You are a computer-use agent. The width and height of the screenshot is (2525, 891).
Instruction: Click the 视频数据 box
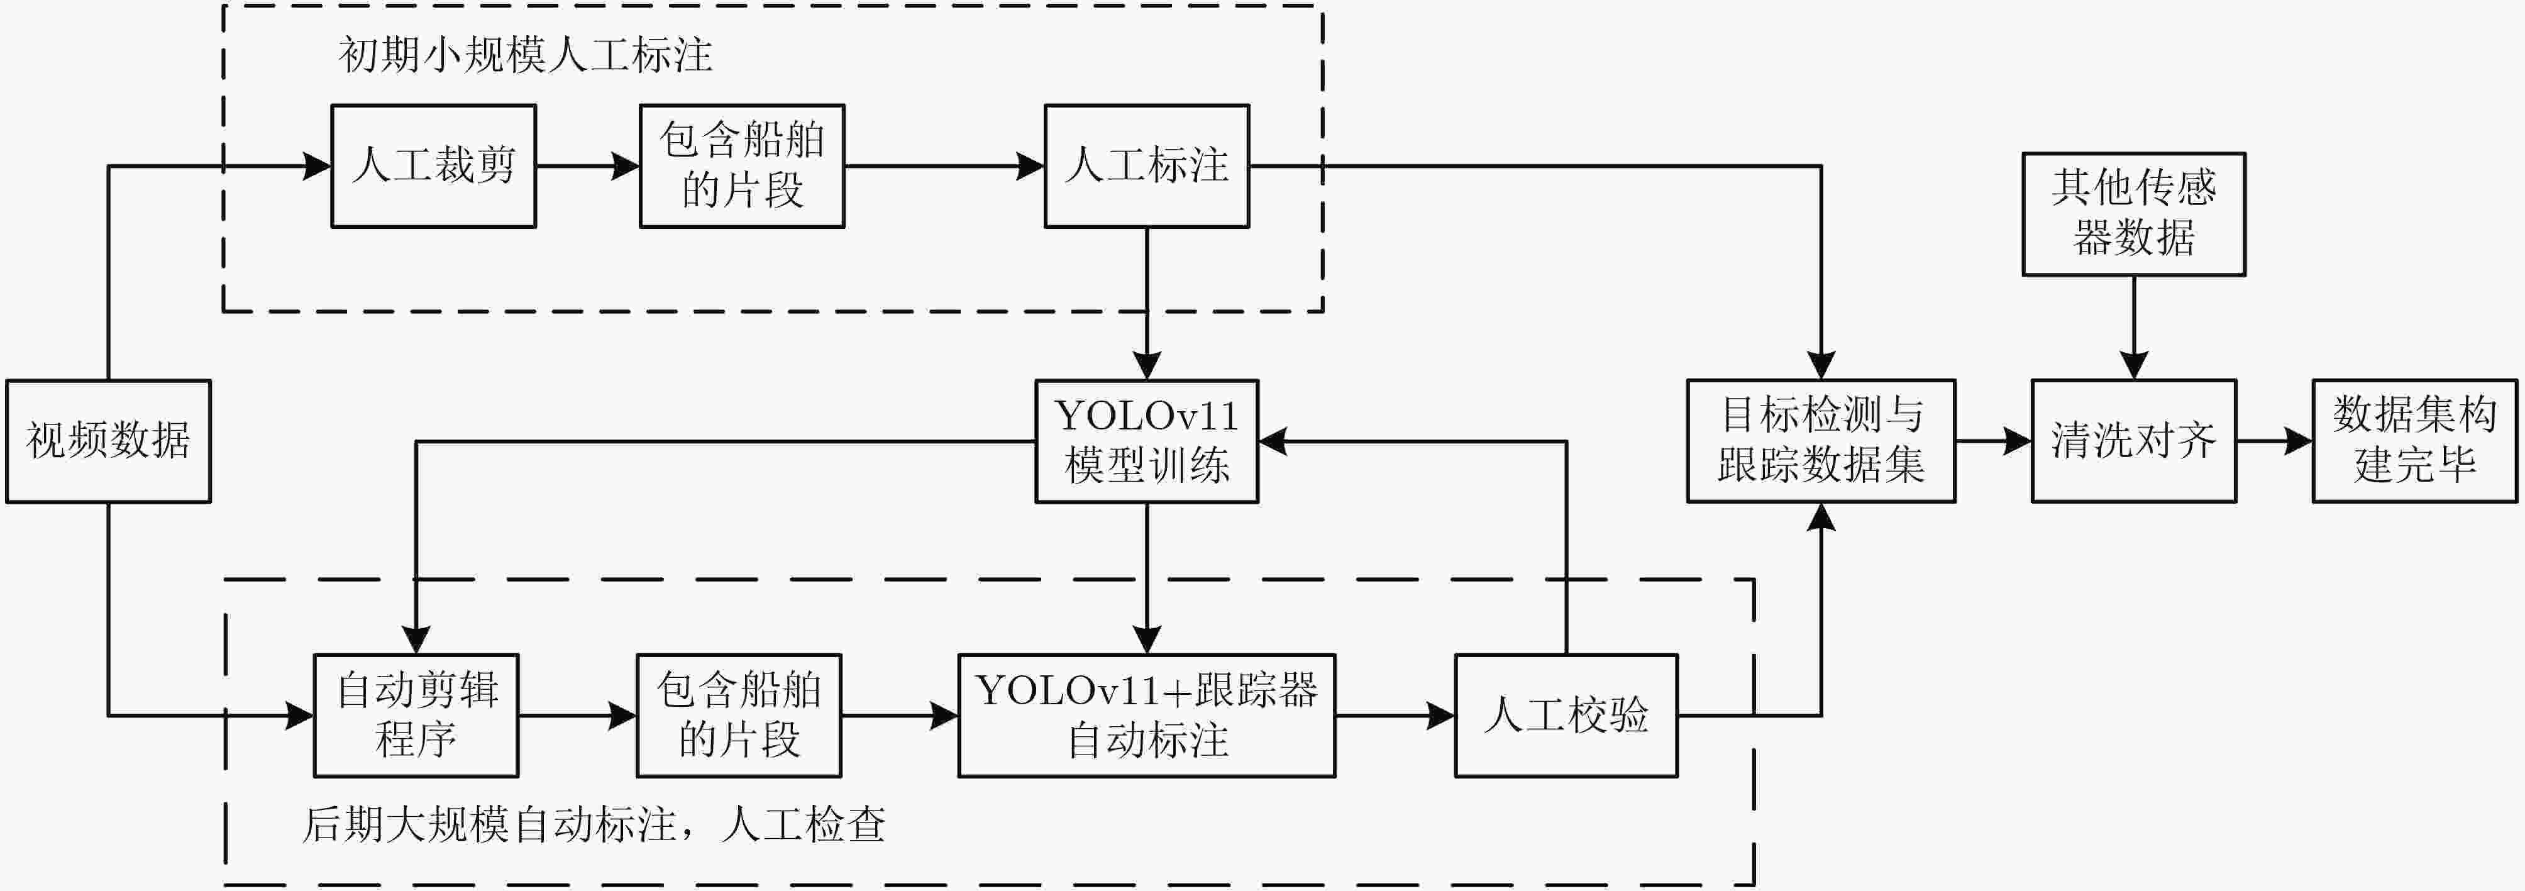click(108, 441)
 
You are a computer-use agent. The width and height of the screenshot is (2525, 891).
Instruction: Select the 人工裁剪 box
click(433, 165)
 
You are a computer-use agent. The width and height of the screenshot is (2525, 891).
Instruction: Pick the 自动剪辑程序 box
click(416, 716)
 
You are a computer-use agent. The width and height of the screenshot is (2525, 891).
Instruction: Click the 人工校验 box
click(1566, 716)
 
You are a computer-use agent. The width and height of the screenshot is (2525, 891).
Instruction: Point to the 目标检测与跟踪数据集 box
click(1820, 441)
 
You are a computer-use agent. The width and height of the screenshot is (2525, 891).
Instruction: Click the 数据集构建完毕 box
click(2414, 441)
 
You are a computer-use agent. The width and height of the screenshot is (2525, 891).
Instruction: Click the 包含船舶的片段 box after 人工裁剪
click(742, 165)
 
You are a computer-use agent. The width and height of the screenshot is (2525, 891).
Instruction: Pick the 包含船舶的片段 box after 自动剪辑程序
click(739, 716)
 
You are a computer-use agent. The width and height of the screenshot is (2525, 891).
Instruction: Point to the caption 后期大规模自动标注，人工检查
click(593, 824)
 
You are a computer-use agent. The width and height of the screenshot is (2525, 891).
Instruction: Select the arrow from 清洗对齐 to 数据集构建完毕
click(2274, 441)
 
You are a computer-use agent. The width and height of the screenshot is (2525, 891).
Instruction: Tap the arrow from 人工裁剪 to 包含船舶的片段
click(588, 165)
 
